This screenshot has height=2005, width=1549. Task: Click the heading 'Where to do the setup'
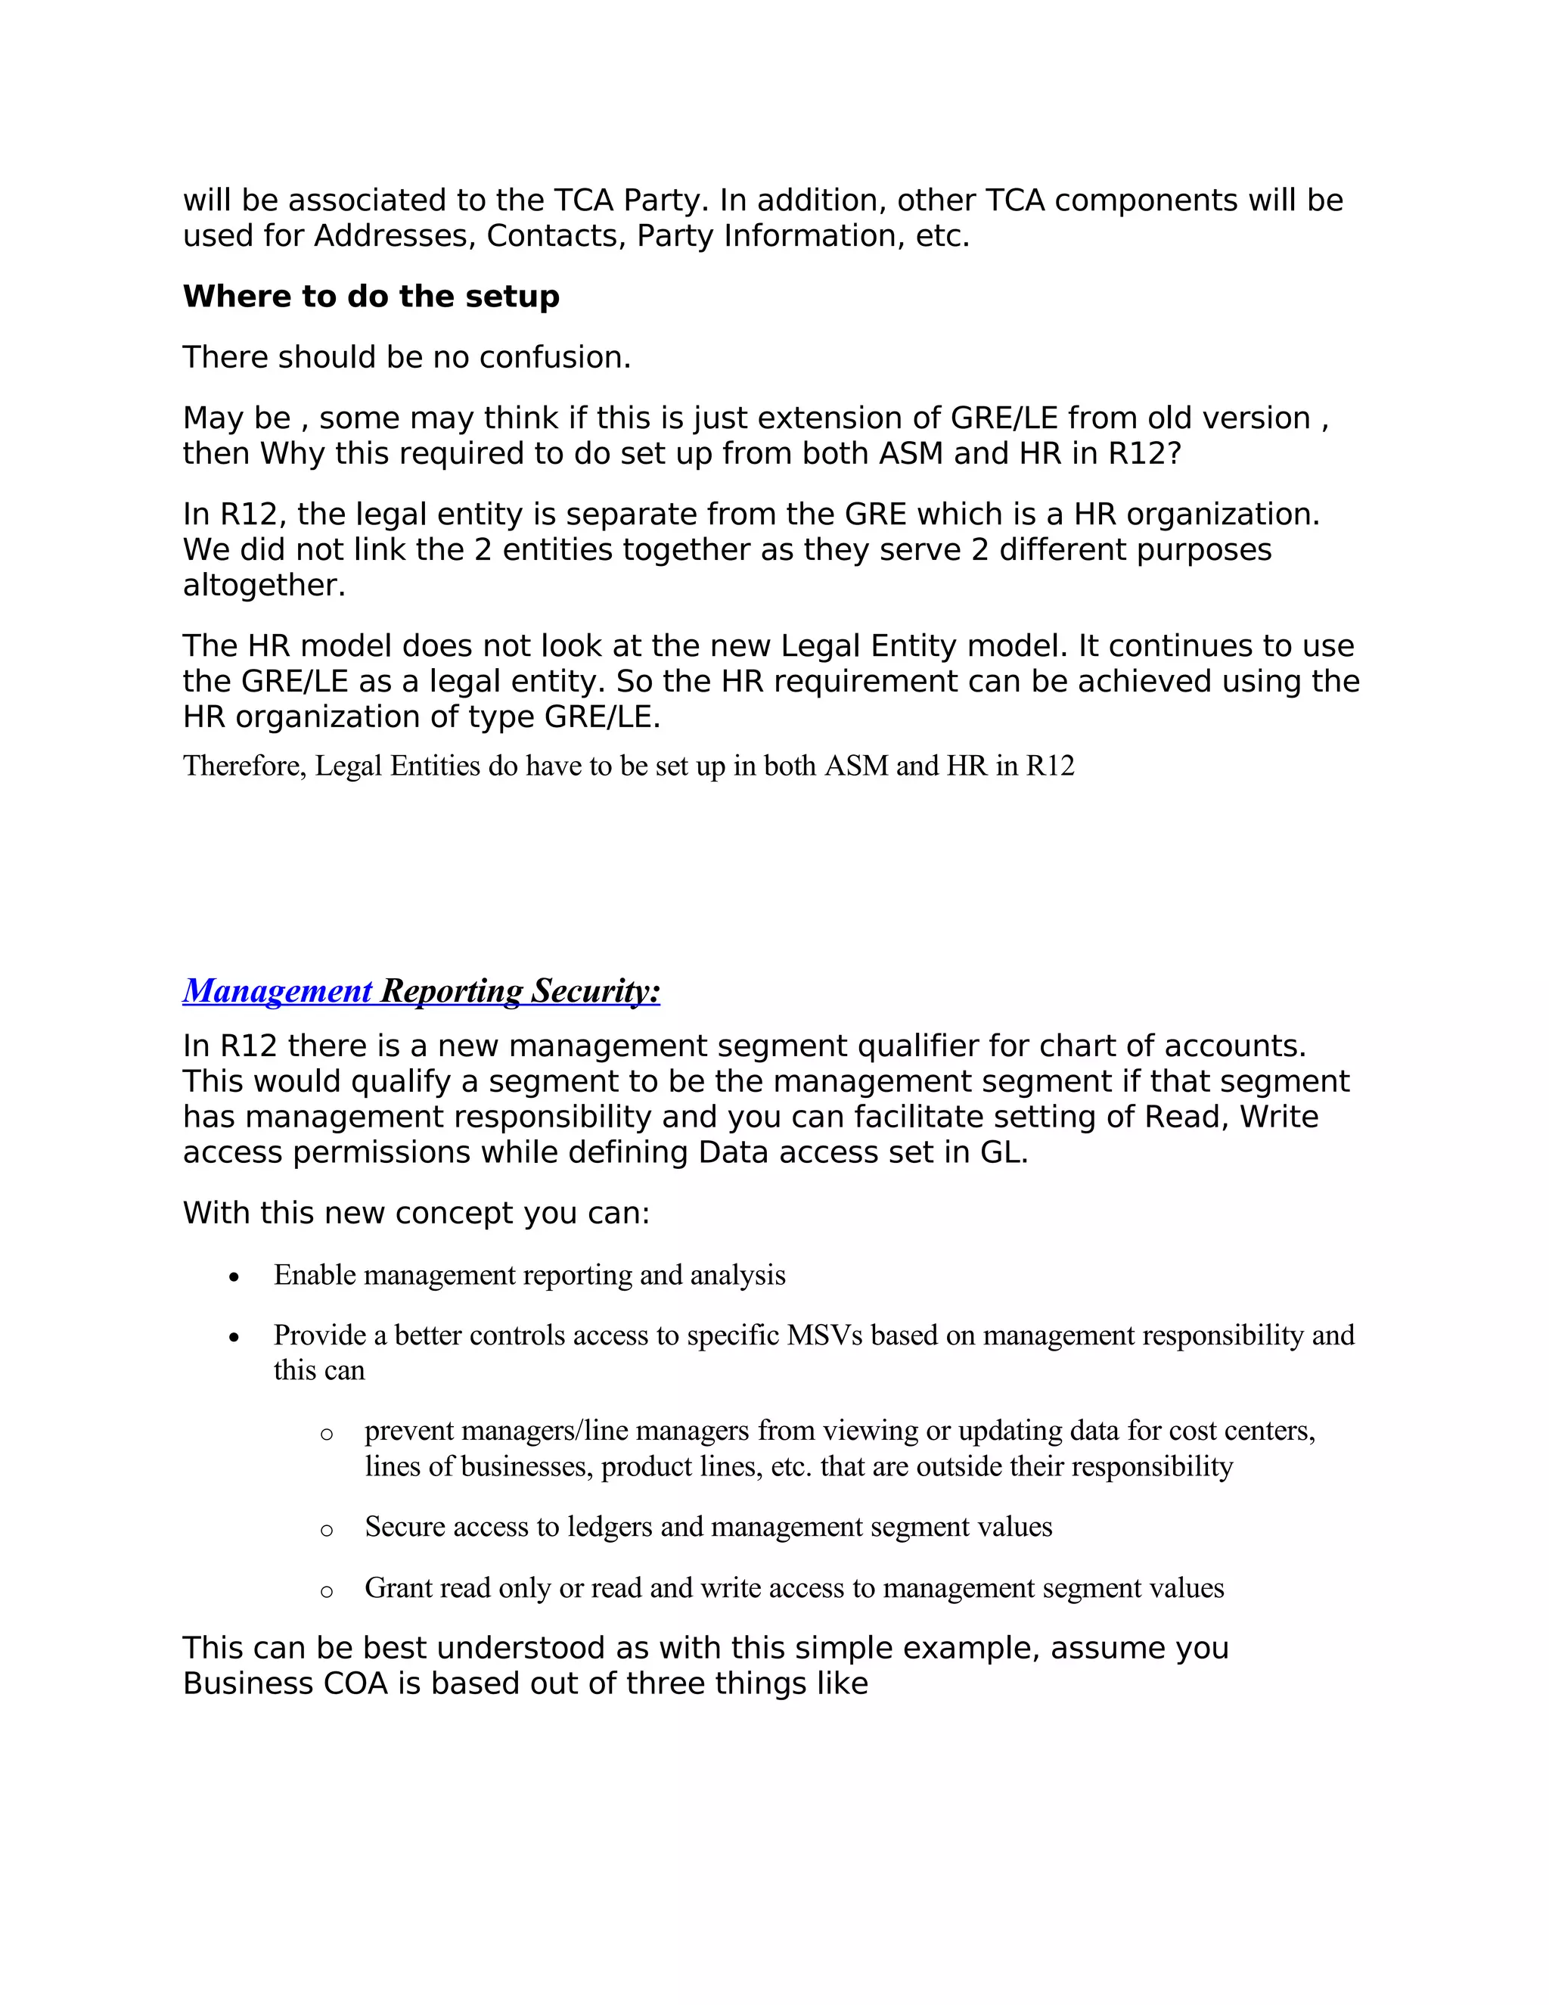(x=371, y=297)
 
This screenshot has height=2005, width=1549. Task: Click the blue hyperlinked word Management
(x=277, y=990)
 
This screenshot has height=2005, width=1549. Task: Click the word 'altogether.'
(x=264, y=585)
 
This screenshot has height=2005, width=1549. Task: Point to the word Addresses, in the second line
(x=395, y=236)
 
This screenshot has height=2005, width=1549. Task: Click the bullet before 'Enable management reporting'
(x=235, y=1277)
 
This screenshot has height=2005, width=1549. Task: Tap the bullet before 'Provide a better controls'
(x=235, y=1338)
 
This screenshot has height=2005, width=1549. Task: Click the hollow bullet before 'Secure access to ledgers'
(x=327, y=1529)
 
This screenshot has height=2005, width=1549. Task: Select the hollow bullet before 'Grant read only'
(x=327, y=1591)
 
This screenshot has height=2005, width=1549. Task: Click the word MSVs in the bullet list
(x=824, y=1335)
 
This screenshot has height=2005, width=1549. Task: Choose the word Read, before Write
(x=1187, y=1118)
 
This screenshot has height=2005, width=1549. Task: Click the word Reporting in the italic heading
(x=452, y=990)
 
